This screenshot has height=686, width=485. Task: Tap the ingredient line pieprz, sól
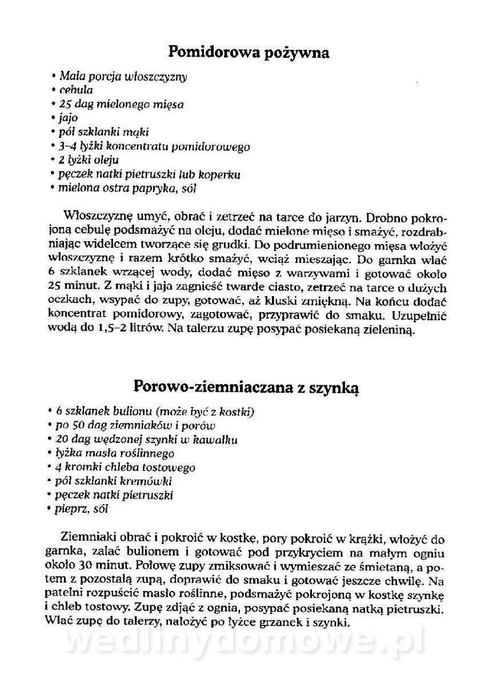pyautogui.click(x=82, y=508)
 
